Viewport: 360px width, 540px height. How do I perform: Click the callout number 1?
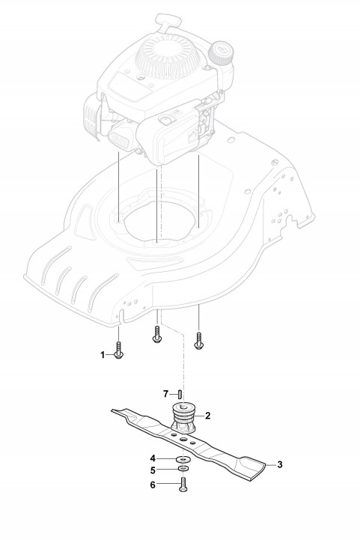(x=103, y=355)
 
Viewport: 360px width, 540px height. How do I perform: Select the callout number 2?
(x=207, y=416)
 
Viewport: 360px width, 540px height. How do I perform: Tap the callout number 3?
(x=280, y=464)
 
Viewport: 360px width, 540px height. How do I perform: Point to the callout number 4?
(x=153, y=458)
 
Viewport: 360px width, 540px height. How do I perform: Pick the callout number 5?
(x=153, y=470)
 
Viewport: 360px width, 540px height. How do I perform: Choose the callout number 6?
(x=153, y=485)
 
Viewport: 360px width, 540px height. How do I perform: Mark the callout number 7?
(x=165, y=393)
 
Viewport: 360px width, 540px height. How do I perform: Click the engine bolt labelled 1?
(x=119, y=351)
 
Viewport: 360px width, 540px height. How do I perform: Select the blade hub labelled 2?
(x=183, y=418)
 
